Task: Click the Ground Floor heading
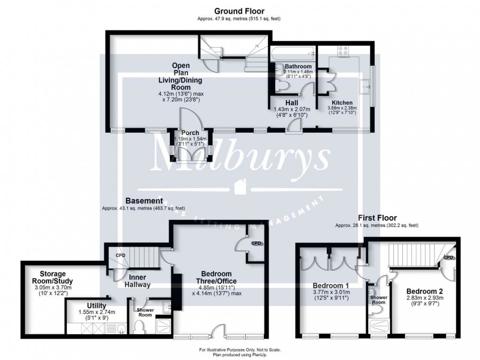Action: click(x=240, y=11)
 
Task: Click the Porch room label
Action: click(x=190, y=133)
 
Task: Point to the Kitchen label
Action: click(x=342, y=103)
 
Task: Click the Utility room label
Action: click(x=96, y=305)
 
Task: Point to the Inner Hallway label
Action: click(x=137, y=281)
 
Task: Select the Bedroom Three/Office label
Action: click(x=216, y=277)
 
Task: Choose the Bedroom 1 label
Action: click(x=331, y=285)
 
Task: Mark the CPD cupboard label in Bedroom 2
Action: click(x=448, y=257)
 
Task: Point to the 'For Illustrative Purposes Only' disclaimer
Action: click(x=240, y=349)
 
